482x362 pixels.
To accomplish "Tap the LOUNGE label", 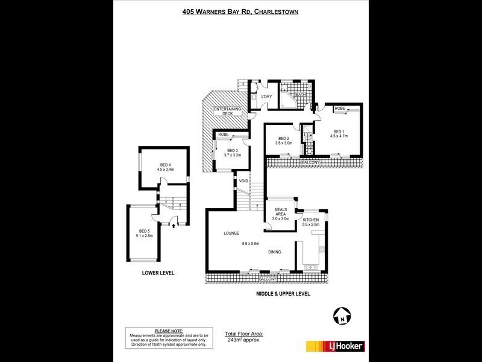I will [x=231, y=233].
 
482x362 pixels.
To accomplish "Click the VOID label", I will [x=243, y=180].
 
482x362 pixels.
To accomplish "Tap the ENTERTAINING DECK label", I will [x=227, y=112].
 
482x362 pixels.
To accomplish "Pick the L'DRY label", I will [x=267, y=97].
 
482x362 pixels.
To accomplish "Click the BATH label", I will [x=299, y=94].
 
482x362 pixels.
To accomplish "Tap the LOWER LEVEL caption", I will [x=158, y=273].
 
